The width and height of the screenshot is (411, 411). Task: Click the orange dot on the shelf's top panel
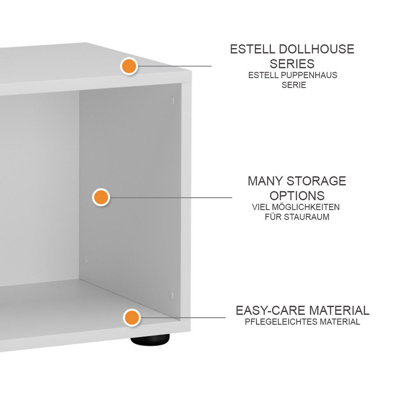pyautogui.click(x=129, y=66)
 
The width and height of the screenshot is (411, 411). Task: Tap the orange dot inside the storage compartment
pyautogui.click(x=101, y=197)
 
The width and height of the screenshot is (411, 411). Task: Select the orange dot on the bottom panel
pyautogui.click(x=132, y=317)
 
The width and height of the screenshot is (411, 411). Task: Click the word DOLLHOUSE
pyautogui.click(x=316, y=49)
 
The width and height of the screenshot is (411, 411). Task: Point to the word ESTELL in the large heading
pyautogui.click(x=252, y=49)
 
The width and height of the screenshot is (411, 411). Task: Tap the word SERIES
pyautogui.click(x=292, y=64)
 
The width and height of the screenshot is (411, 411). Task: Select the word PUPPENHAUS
pyautogui.click(x=308, y=75)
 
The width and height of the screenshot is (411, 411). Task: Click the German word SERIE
pyautogui.click(x=294, y=85)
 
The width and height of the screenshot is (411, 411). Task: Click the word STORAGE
pyautogui.click(x=316, y=181)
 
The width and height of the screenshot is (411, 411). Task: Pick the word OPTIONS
pyautogui.click(x=297, y=196)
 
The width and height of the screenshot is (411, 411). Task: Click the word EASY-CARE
pyautogui.click(x=271, y=311)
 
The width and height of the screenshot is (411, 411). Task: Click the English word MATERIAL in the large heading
pyautogui.click(x=339, y=311)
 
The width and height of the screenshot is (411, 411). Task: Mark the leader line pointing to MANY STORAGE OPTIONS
pyautogui.click(x=171, y=198)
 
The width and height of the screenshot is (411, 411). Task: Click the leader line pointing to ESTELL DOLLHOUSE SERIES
pyautogui.click(x=174, y=66)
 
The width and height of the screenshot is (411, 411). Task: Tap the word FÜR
pyautogui.click(x=273, y=217)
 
